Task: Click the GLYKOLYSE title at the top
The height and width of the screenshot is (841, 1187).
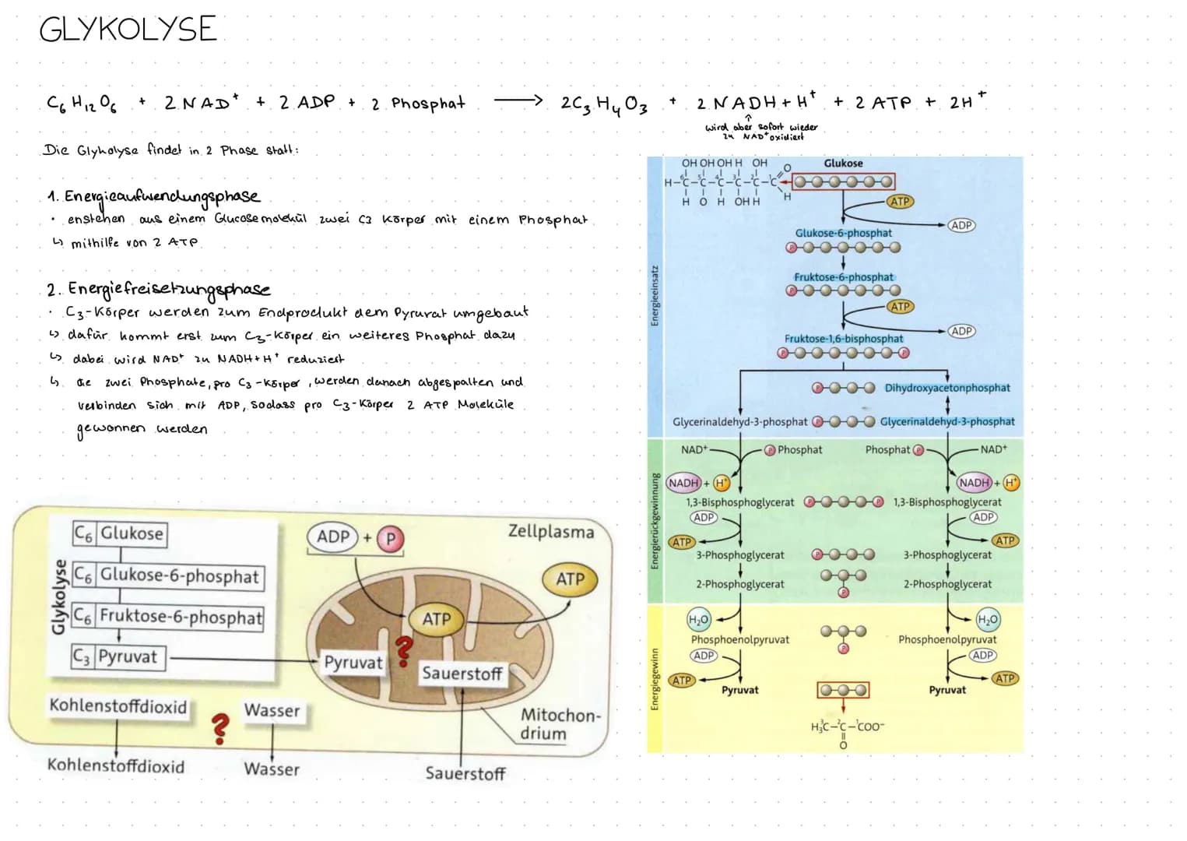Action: point(128,30)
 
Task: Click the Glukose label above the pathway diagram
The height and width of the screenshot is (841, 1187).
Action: point(843,164)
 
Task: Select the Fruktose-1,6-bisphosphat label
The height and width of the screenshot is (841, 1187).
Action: point(844,339)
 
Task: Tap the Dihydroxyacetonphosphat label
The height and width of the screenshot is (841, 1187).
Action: point(947,388)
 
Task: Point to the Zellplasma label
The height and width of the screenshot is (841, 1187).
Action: point(550,532)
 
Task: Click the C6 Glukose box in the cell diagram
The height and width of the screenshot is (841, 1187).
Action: point(120,533)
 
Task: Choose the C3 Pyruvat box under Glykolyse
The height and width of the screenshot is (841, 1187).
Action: point(115,657)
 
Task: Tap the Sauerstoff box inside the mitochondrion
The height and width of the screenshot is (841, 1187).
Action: point(462,674)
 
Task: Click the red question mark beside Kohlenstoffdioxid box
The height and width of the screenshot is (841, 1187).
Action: point(221,728)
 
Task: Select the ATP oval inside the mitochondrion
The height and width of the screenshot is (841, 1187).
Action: point(436,619)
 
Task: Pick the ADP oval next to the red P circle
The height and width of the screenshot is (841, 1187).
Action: point(333,537)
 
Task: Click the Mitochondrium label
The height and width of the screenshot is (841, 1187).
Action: point(559,724)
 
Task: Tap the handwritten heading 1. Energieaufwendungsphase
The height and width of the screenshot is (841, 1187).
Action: point(153,196)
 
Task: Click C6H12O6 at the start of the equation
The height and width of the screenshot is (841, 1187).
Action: point(81,103)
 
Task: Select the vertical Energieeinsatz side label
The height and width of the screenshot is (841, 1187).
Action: point(655,296)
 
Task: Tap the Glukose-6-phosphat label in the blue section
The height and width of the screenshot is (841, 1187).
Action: point(843,233)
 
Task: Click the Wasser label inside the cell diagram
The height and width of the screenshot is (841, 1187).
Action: point(272,711)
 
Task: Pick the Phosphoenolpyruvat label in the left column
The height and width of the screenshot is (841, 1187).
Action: point(739,639)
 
